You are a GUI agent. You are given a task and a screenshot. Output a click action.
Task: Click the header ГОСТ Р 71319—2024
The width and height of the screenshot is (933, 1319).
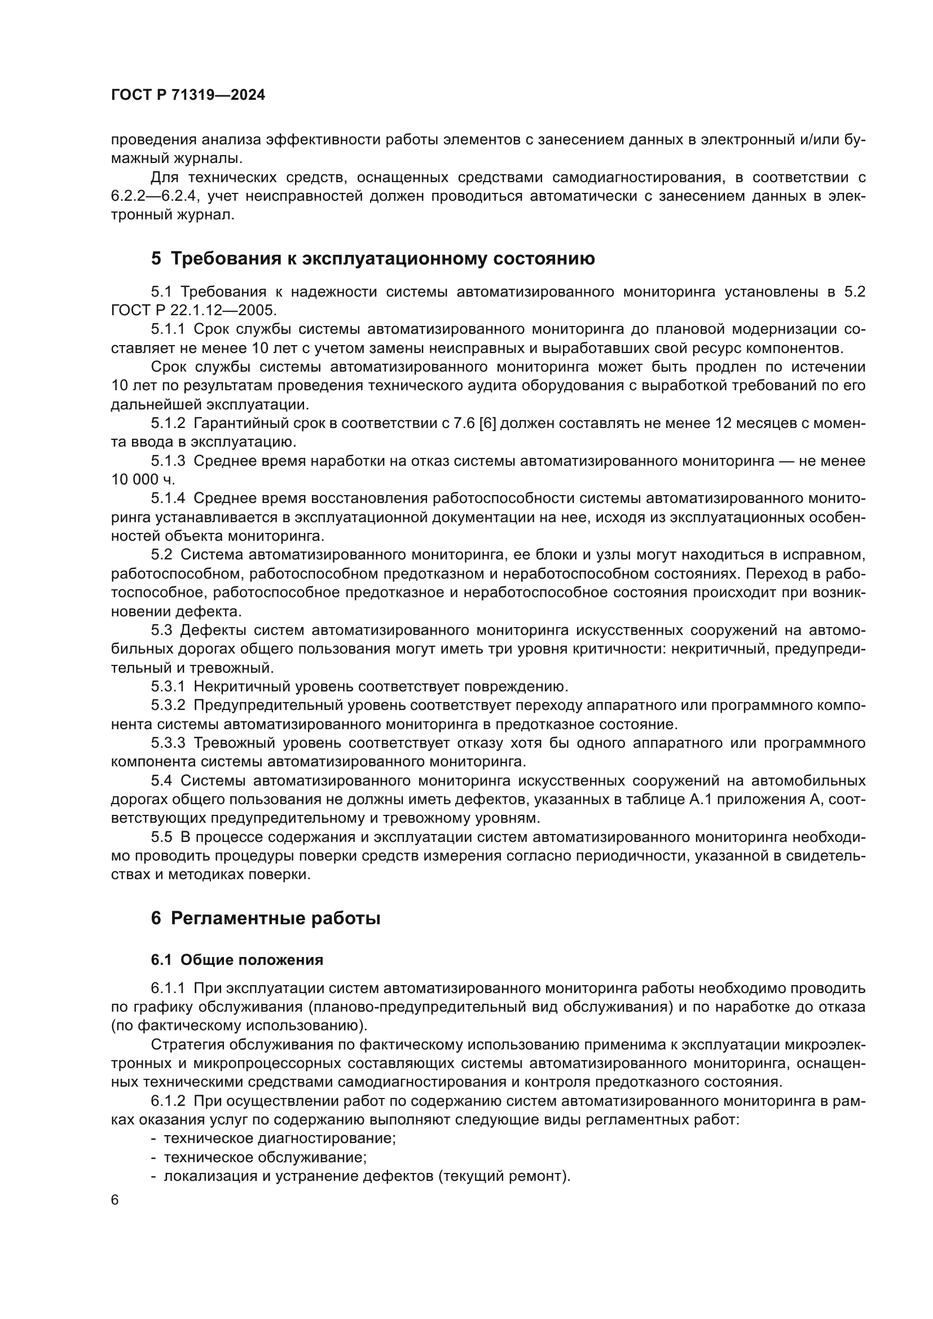188,95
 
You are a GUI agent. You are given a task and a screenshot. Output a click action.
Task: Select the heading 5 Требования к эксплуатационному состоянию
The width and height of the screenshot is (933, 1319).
373,259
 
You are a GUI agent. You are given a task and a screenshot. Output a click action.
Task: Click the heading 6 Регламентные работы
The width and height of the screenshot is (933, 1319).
266,919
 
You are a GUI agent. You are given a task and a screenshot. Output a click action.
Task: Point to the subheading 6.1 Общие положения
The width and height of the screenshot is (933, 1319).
237,960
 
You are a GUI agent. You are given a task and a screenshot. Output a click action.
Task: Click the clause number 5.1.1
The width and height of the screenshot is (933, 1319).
168,329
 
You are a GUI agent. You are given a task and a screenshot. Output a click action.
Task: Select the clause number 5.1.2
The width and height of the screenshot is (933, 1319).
168,424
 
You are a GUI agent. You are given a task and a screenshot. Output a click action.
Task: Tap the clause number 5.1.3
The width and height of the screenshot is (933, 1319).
168,461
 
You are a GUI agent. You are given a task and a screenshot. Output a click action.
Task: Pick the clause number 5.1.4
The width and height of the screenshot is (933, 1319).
168,498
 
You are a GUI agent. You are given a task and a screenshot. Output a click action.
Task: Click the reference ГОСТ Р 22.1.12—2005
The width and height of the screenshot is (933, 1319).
193,311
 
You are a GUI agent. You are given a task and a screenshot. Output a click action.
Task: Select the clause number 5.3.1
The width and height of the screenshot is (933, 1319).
168,686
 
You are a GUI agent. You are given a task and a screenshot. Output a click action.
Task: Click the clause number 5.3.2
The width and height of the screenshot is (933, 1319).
168,705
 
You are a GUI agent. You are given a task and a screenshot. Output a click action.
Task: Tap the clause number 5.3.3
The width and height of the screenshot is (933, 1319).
168,743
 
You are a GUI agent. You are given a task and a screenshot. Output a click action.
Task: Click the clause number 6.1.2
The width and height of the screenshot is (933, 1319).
168,1101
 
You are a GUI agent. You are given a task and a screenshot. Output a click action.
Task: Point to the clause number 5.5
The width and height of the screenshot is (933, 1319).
161,837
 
